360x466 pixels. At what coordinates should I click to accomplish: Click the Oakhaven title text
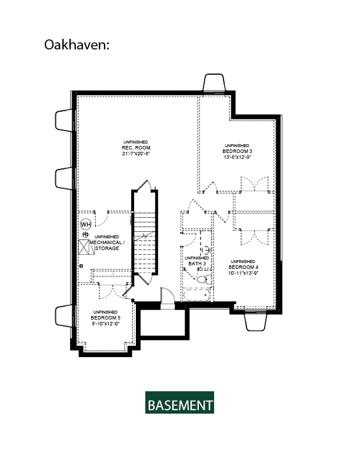76,45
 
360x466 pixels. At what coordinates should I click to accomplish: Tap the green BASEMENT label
179,402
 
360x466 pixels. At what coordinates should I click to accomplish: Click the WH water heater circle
86,224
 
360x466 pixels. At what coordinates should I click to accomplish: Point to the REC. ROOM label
136,148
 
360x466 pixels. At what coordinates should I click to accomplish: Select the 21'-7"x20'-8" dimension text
136,154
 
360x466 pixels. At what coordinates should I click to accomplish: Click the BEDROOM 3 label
237,151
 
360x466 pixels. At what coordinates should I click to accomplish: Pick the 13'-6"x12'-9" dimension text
237,157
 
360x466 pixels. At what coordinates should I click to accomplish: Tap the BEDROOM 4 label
244,267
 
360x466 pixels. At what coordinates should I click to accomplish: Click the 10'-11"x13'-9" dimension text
244,273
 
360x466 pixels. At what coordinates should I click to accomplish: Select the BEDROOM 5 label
105,318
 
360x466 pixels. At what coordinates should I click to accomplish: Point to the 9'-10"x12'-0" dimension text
105,324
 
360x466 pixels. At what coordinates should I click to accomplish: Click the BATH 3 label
197,264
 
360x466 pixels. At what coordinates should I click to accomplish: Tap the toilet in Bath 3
204,279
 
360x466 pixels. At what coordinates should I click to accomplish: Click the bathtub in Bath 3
196,295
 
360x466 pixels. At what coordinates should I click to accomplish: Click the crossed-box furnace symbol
86,247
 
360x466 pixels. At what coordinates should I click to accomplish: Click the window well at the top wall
214,83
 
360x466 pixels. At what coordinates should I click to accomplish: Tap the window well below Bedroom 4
256,321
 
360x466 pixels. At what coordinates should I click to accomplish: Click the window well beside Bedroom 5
64,316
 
